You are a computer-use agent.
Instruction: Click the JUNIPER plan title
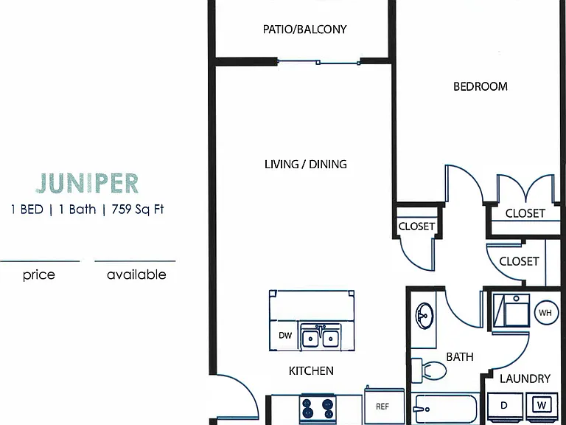87,184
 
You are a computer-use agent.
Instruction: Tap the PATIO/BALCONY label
304,30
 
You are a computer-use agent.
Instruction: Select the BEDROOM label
481,86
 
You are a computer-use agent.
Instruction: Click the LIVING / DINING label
306,165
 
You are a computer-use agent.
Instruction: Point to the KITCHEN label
311,371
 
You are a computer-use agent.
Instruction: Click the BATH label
460,357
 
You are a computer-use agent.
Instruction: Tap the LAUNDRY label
525,379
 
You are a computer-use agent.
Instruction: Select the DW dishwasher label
285,336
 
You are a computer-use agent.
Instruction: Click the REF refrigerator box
384,405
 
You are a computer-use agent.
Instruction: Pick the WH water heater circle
545,313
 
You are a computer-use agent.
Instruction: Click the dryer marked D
505,406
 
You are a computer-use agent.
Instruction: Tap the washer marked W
542,406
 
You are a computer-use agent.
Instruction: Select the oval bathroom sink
424,316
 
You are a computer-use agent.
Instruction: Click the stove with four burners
318,408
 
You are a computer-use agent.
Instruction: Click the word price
38,275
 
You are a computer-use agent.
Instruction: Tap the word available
136,274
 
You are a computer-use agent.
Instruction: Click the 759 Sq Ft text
138,210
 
